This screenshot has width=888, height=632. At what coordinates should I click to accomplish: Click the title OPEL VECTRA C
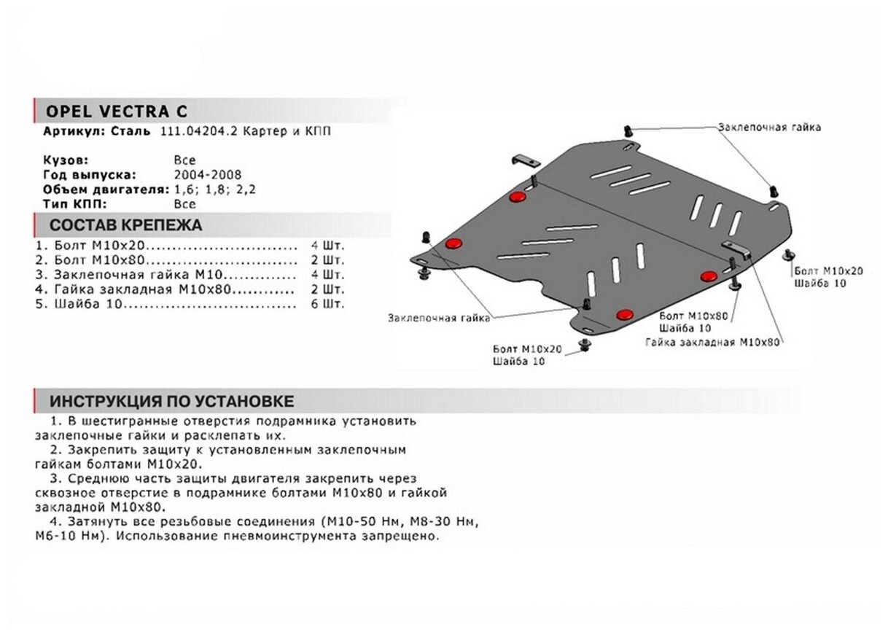click(116, 112)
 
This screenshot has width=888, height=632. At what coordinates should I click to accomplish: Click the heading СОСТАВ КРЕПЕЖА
click(125, 225)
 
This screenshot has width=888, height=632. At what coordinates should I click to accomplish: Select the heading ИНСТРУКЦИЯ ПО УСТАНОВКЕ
click(171, 402)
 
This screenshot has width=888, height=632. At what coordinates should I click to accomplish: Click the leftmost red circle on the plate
click(453, 243)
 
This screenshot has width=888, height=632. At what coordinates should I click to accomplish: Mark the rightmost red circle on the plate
click(708, 276)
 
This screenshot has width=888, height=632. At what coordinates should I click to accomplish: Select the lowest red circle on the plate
click(625, 314)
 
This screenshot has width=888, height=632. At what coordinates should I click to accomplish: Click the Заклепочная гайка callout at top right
click(769, 127)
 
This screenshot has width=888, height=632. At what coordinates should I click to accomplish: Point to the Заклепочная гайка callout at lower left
click(439, 318)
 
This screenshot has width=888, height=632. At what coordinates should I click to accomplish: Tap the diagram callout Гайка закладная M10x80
click(712, 341)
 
